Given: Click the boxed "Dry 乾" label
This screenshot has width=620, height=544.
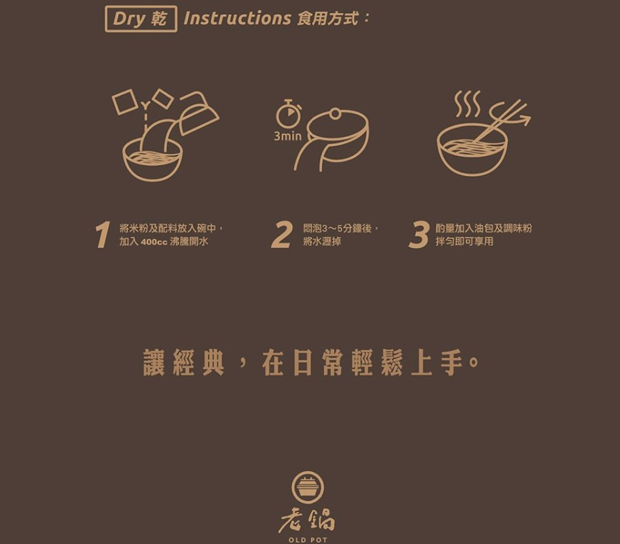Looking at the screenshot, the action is pyautogui.click(x=141, y=18).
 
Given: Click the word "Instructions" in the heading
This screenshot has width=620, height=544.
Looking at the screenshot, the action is pyautogui.click(x=237, y=18).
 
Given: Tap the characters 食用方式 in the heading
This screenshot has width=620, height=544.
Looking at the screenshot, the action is pyautogui.click(x=327, y=18).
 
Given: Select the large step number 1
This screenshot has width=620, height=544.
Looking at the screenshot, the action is pyautogui.click(x=103, y=235).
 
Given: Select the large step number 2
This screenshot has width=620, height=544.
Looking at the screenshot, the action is pyautogui.click(x=282, y=235).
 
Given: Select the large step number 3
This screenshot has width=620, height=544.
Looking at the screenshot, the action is pyautogui.click(x=419, y=235).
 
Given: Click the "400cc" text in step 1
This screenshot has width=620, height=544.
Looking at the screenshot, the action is pyautogui.click(x=154, y=241).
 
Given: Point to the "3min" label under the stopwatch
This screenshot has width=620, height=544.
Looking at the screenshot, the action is pyautogui.click(x=287, y=136).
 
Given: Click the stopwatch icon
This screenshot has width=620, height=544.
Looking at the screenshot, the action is pyautogui.click(x=289, y=114).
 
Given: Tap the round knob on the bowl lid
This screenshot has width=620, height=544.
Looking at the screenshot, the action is pyautogui.click(x=335, y=114).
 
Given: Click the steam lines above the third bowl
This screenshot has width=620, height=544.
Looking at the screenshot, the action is pyautogui.click(x=467, y=104).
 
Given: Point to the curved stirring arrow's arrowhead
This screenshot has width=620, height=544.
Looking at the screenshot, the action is pyautogui.click(x=525, y=119).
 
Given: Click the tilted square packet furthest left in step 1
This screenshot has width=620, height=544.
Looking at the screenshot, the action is pyautogui.click(x=125, y=102).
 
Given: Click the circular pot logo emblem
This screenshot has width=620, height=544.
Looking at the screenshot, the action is pyautogui.click(x=308, y=488).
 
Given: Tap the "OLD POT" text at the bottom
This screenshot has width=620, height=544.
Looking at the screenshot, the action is pyautogui.click(x=308, y=540).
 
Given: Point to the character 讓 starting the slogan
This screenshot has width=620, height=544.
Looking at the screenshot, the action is pyautogui.click(x=154, y=362).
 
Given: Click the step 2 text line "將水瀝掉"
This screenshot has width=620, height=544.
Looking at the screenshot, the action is pyautogui.click(x=322, y=241).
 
